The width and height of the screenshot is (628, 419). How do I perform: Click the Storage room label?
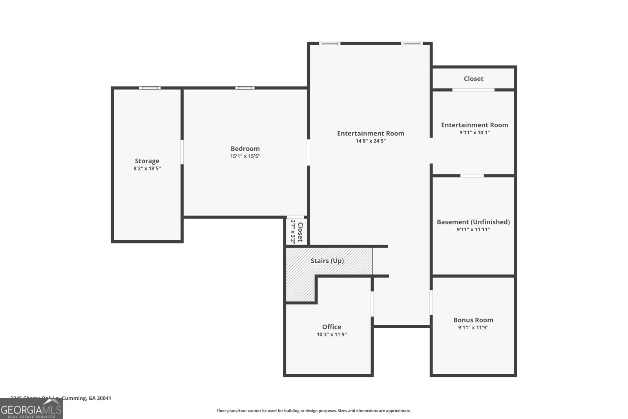click(147, 161)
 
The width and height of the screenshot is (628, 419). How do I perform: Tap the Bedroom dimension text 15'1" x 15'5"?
click(245, 156)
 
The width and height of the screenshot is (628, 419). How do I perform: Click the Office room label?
click(331, 327)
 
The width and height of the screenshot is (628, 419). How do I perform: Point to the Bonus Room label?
click(473, 320)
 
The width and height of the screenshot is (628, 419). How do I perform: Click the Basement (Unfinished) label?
click(473, 222)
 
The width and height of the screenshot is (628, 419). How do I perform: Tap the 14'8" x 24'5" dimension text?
click(371, 141)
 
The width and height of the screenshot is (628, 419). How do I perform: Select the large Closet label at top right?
click(473, 79)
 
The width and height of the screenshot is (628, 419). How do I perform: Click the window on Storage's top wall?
click(150, 88)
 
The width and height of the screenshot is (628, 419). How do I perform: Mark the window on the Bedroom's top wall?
click(245, 88)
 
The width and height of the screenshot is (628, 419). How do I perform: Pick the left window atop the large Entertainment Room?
click(329, 43)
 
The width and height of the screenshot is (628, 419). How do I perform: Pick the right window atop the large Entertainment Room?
click(412, 43)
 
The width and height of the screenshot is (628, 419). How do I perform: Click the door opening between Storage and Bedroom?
click(182, 152)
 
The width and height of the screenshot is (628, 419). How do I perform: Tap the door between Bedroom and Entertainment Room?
click(309, 152)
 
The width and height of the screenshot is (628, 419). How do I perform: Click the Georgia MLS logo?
click(31, 409)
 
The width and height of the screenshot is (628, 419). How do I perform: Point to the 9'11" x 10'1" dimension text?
click(475, 133)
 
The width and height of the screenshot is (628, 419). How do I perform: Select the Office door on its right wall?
click(372, 303)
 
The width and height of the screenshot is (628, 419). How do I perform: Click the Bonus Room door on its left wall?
click(431, 302)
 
